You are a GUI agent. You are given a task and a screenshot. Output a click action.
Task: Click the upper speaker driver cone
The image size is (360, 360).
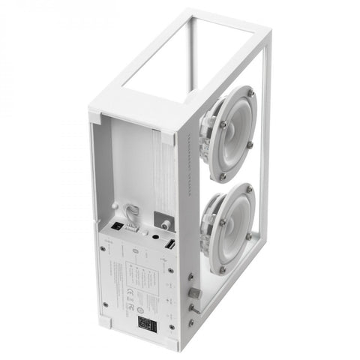(x=228, y=132)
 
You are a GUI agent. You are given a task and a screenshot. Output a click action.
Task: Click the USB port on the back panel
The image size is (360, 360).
(x=169, y=246)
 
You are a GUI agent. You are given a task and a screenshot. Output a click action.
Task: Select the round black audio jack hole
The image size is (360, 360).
(x=154, y=235)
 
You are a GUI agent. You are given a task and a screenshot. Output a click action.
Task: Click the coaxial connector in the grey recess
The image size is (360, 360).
(x=164, y=223)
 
